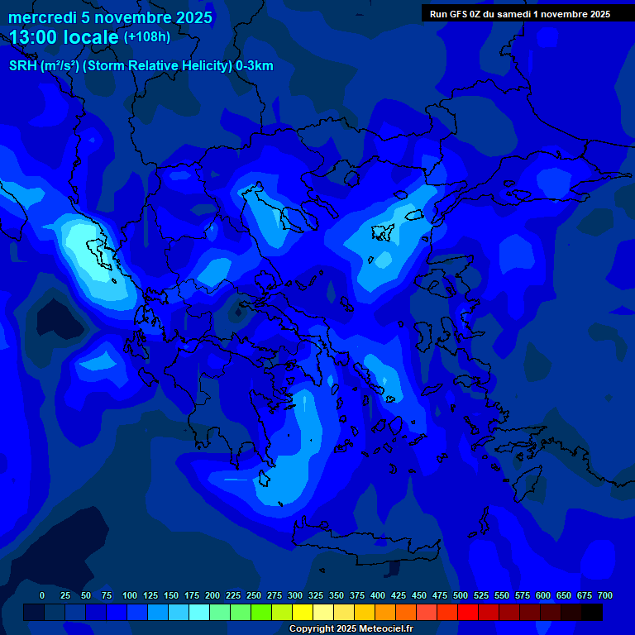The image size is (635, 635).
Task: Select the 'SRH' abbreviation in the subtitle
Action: click(23, 66)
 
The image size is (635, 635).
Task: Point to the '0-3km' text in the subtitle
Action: click(255, 66)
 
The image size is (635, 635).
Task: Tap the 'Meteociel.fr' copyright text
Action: click(380, 628)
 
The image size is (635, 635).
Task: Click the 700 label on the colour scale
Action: click(604, 595)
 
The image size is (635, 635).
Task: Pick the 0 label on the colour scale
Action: click(42, 595)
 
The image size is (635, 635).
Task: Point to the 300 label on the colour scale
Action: click(295, 595)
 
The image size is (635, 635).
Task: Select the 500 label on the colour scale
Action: click(461, 595)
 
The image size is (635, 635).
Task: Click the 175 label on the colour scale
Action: click(192, 595)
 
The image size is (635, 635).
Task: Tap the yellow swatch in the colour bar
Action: click(303, 612)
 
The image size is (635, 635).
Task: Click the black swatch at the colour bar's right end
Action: click(592, 612)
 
